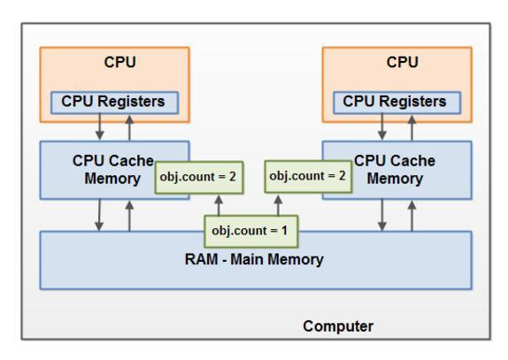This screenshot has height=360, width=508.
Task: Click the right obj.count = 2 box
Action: pos(306,175)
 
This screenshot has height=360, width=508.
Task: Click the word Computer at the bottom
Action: pos(338,326)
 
